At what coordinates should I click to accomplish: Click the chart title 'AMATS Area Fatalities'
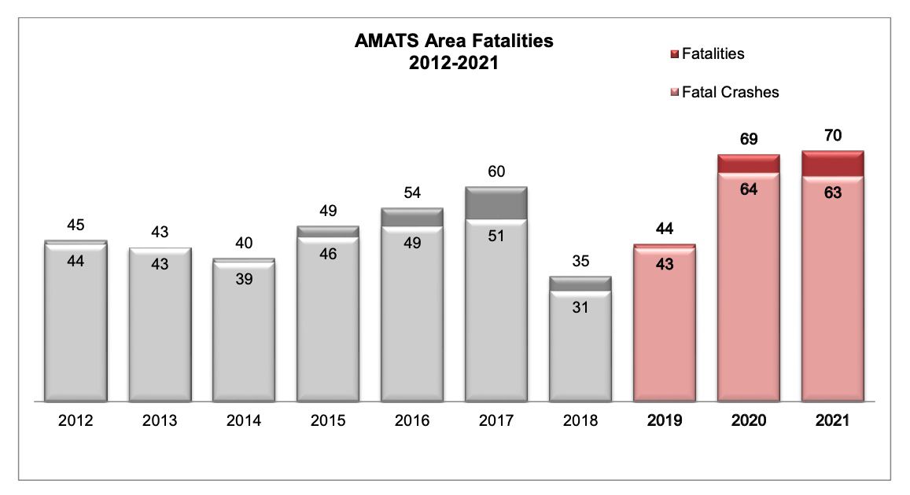click(x=454, y=42)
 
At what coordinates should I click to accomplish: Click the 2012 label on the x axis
click(x=76, y=421)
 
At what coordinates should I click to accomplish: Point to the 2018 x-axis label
click(x=580, y=421)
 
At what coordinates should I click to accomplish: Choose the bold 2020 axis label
click(x=749, y=421)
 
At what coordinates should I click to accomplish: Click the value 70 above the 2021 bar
click(x=833, y=136)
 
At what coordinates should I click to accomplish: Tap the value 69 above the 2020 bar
click(x=749, y=140)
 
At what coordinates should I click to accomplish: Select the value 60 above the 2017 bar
click(x=496, y=171)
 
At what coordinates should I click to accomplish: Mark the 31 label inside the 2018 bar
click(x=580, y=308)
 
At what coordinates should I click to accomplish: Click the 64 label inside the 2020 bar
click(x=749, y=189)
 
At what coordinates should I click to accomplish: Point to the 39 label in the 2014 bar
click(x=244, y=278)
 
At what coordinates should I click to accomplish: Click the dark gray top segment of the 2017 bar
click(x=496, y=203)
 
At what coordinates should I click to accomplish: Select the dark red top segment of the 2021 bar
click(x=833, y=164)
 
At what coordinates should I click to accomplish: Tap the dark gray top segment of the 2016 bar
click(x=412, y=218)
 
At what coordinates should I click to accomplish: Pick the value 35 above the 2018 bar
click(x=580, y=261)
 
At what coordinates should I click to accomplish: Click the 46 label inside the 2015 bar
click(x=328, y=254)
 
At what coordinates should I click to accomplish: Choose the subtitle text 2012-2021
click(x=454, y=64)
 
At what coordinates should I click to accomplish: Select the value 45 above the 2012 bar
click(x=76, y=225)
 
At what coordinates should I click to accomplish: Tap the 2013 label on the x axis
click(x=160, y=421)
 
